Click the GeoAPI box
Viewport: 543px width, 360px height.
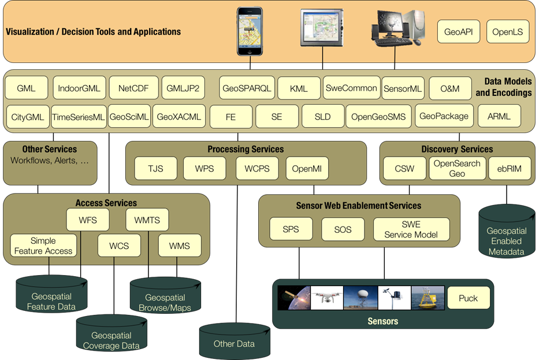click(459, 32)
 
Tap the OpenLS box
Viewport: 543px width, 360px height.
click(508, 32)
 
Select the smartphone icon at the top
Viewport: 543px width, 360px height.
click(250, 31)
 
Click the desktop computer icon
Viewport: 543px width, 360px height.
click(396, 28)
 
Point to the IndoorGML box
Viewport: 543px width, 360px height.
click(79, 88)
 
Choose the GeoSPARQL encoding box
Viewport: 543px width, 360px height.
click(247, 88)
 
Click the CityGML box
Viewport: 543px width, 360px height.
click(28, 117)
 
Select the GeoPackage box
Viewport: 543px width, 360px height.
click(444, 116)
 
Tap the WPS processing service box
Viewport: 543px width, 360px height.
click(204, 169)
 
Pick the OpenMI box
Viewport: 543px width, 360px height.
click(307, 169)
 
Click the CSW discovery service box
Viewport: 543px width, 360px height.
click(404, 169)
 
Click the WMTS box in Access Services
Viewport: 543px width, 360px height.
click(147, 220)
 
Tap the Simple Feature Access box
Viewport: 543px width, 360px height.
click(43, 246)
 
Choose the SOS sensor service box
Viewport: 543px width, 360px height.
click(343, 229)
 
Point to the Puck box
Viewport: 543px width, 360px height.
click(468, 298)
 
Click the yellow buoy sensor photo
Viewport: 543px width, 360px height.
click(427, 298)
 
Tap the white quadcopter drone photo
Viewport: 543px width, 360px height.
click(327, 298)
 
